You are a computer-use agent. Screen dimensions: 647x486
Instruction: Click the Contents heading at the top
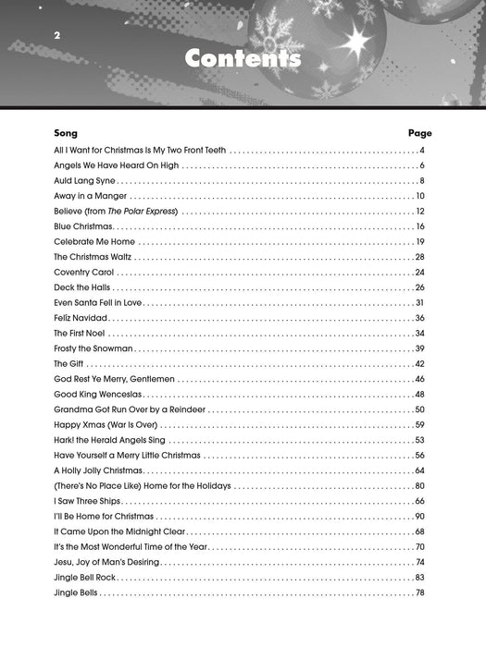[243, 58]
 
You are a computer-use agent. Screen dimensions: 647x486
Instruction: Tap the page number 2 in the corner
[56, 35]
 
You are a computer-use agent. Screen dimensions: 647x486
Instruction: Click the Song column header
[66, 133]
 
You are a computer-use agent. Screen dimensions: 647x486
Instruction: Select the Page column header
[419, 133]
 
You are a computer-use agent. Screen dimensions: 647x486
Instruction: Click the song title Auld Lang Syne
[83, 180]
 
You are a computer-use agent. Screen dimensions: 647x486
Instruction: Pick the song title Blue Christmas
[83, 226]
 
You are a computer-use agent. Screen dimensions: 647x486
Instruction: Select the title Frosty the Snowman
[93, 348]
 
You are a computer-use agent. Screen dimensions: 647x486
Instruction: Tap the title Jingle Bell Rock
[85, 577]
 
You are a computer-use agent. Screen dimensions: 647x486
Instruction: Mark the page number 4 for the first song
[421, 150]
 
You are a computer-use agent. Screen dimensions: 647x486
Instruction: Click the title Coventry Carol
[83, 273]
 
